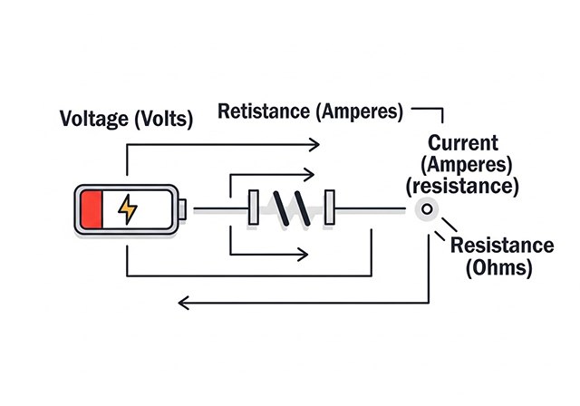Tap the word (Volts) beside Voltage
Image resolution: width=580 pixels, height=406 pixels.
click(161, 119)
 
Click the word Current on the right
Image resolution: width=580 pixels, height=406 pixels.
click(463, 143)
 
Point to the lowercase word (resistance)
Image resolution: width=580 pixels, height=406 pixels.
click(463, 186)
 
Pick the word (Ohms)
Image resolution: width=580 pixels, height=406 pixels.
click(498, 268)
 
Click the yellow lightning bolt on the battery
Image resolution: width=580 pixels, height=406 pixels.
click(129, 209)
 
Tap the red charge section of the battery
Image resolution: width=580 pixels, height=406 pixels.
click(92, 209)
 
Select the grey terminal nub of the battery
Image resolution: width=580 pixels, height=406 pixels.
click(182, 209)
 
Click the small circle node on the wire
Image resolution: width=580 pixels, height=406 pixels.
click(425, 209)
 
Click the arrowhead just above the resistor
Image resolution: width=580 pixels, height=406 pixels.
click(309, 172)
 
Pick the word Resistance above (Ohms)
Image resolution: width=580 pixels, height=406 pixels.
click(501, 246)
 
